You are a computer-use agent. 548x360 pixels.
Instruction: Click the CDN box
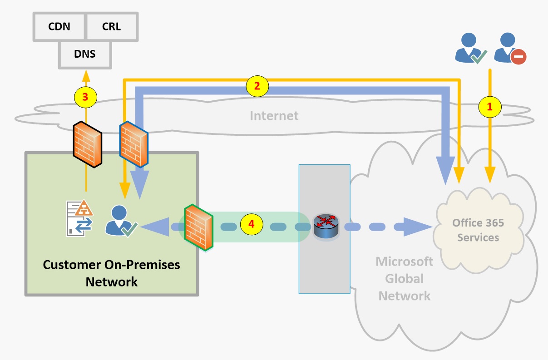point(59,26)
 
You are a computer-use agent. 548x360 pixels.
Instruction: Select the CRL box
point(111,26)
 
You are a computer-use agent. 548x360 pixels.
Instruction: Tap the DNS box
point(85,54)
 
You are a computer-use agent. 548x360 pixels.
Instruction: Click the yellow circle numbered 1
point(489,107)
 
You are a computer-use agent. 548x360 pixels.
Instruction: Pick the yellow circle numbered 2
point(257,86)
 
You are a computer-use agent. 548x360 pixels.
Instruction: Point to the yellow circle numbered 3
point(85,96)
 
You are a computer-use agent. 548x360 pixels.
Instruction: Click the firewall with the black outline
point(87,144)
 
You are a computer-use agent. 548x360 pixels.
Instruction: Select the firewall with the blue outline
point(132,144)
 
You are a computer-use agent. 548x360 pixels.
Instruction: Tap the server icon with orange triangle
point(79,218)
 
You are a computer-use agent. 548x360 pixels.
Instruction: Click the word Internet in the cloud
point(274,115)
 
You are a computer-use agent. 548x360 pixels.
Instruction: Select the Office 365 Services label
point(478,230)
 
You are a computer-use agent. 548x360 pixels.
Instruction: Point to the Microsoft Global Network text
point(404,279)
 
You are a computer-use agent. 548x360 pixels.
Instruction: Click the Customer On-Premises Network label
point(111,273)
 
